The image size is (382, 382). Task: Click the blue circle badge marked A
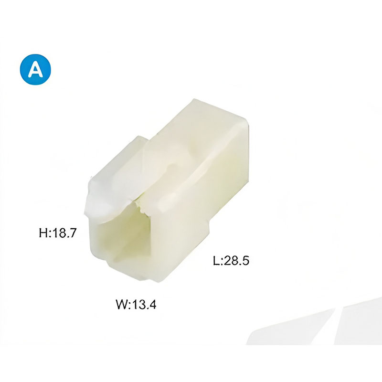tap(35, 69)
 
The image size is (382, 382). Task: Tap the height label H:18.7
tap(58, 233)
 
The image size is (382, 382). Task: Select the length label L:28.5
tap(231, 261)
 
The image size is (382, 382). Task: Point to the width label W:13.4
tap(136, 304)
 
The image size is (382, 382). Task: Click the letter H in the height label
tap(43, 233)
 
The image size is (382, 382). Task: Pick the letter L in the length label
tap(216, 261)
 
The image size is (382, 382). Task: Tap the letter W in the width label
tap(121, 304)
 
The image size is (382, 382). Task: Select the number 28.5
tap(236, 261)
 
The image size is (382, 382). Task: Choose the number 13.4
tap(144, 304)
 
